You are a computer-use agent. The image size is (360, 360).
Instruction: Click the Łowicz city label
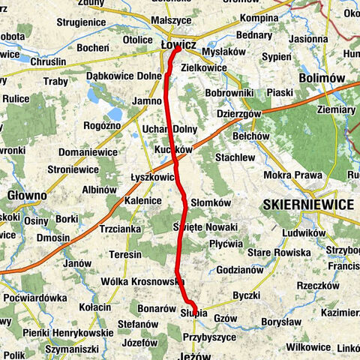178,46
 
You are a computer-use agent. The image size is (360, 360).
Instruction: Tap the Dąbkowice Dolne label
124,76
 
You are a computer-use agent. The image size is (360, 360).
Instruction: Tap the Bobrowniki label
231,92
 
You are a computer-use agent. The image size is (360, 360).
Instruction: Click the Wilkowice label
308,346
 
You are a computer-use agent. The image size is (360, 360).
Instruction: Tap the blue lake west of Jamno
97,94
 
